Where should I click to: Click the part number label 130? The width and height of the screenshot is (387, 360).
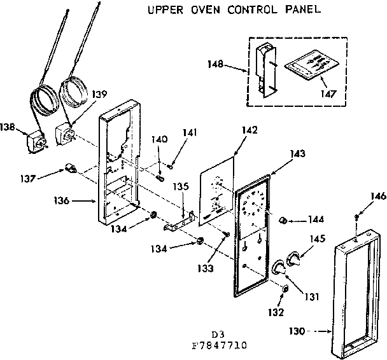(x=307, y=331)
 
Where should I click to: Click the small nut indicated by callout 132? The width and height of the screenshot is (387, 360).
(x=285, y=289)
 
